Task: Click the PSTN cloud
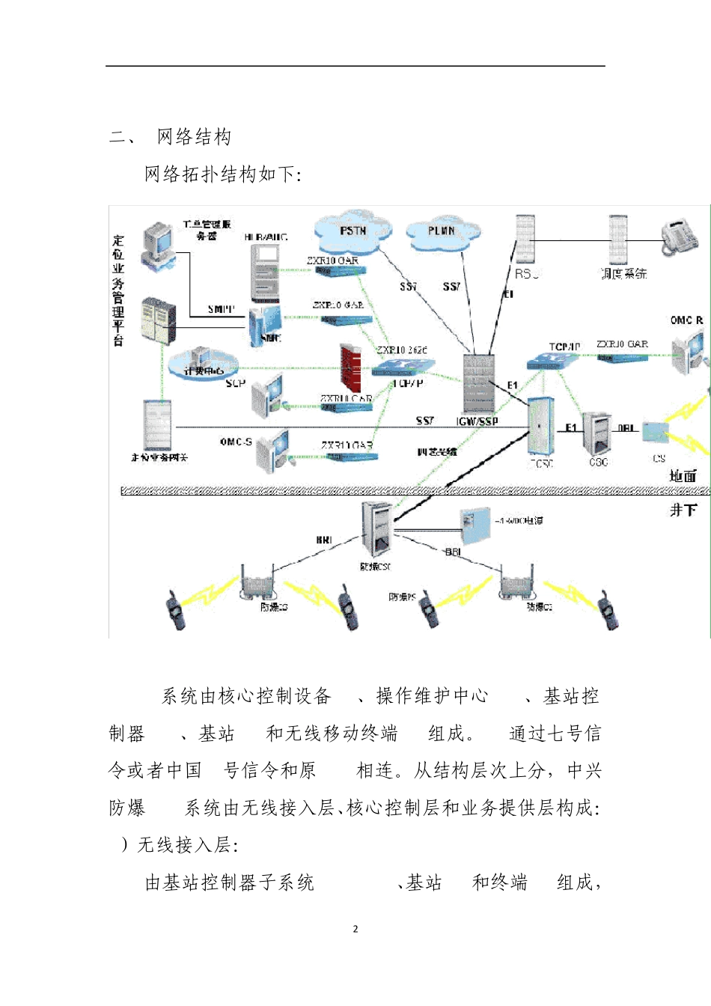pos(353,231)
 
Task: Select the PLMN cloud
pos(442,232)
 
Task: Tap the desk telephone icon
pos(680,237)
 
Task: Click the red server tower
pos(350,367)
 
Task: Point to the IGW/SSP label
pos(477,421)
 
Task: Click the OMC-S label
pos(236,442)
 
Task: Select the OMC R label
pos(686,320)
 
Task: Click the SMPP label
pos(221,309)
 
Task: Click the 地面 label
pos(683,476)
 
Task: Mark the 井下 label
pos(683,510)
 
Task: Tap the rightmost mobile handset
pos(607,610)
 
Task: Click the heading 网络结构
pos(194,137)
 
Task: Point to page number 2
pos(355,929)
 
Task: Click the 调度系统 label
pos(623,274)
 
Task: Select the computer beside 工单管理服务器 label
pos(157,244)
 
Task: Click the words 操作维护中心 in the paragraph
pos(432,696)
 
